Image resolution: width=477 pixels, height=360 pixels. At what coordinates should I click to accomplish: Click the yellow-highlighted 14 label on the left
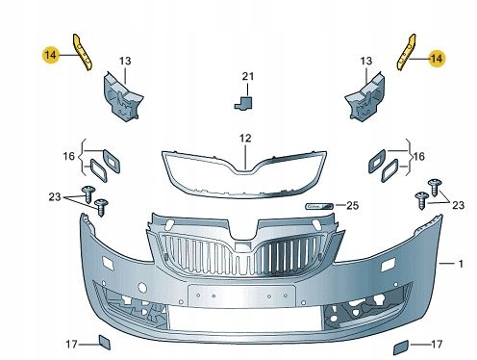click(x=50, y=55)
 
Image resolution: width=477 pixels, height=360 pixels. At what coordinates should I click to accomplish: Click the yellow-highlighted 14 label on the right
click(x=437, y=59)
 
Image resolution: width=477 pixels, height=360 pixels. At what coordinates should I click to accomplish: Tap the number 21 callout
click(x=248, y=76)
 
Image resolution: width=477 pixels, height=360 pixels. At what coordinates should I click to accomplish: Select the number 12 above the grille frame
click(x=245, y=139)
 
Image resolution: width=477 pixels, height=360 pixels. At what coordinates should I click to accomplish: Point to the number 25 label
click(x=352, y=206)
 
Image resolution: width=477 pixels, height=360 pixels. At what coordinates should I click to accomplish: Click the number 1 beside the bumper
click(x=461, y=264)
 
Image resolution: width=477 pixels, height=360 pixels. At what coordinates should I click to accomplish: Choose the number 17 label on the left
click(x=71, y=345)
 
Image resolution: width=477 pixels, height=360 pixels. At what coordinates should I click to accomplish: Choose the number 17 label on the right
click(x=437, y=345)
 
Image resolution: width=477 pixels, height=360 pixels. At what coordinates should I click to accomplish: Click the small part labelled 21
click(x=243, y=102)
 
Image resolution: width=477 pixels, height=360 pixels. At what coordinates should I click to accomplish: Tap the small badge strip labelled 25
click(x=319, y=206)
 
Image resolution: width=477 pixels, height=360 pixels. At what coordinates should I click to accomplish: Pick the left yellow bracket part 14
click(x=83, y=52)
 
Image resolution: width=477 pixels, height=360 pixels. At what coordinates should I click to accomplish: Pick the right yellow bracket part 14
click(x=407, y=52)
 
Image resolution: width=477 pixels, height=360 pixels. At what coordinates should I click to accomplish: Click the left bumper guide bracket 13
click(x=122, y=98)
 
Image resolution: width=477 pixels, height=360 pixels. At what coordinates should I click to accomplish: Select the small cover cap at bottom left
click(x=104, y=342)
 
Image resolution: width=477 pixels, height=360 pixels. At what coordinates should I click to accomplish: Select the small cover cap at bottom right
click(x=401, y=347)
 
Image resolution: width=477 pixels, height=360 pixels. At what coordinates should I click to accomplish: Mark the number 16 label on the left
click(x=68, y=156)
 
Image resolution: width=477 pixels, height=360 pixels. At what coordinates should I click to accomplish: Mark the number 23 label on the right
click(x=458, y=205)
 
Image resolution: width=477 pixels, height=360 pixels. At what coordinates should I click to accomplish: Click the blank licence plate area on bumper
click(x=241, y=296)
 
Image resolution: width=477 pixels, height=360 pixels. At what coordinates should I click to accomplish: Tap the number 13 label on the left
click(x=125, y=61)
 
